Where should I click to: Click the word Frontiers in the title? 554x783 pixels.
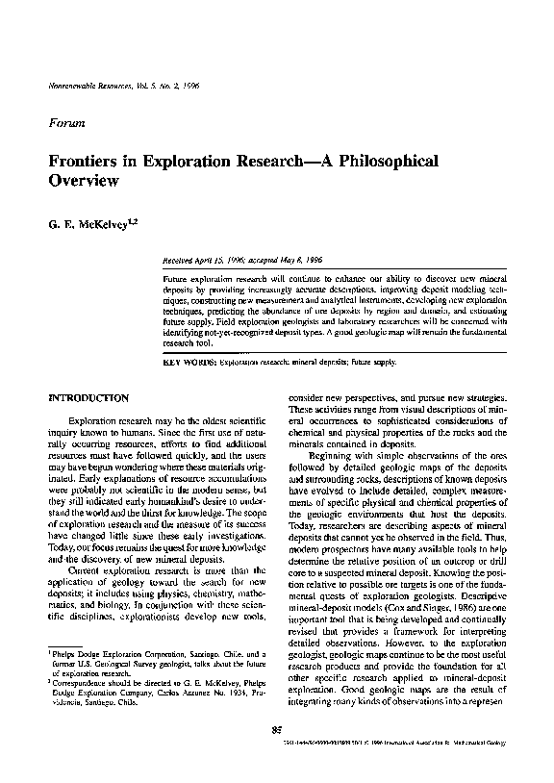pyautogui.click(x=88, y=160)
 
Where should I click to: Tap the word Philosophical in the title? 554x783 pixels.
pyautogui.click(x=370, y=160)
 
